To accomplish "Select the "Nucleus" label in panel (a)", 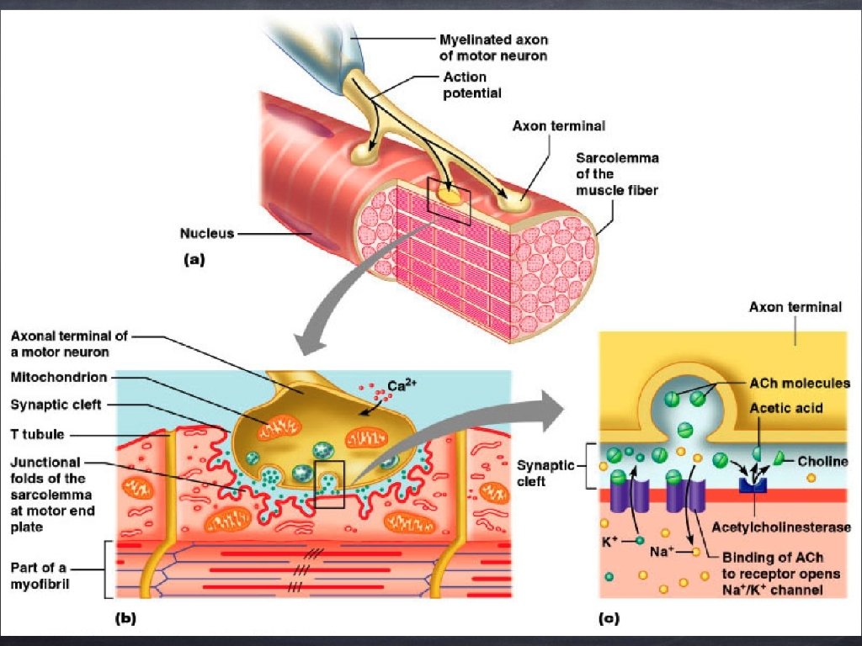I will click(206, 233).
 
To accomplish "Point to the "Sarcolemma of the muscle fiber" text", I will click(617, 174).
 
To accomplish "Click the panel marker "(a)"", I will click(194, 261).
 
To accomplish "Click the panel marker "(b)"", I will click(124, 619).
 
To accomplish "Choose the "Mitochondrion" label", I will click(59, 378).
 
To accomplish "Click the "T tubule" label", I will click(39, 435).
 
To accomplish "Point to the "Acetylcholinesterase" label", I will click(781, 527).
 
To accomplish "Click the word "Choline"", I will click(822, 462).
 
